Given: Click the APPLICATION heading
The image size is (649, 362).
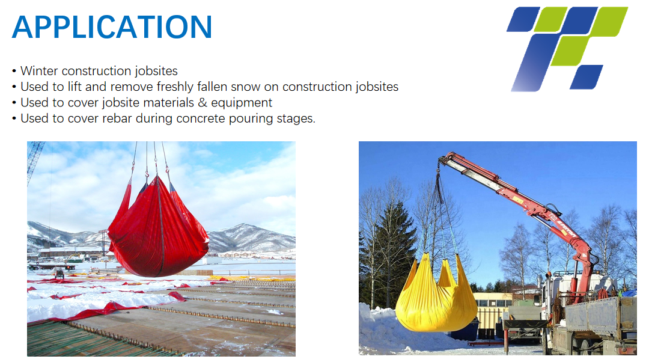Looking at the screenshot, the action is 112,27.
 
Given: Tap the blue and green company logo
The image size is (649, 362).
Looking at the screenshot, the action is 567,49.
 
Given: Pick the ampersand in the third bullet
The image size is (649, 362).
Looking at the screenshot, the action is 202,103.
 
